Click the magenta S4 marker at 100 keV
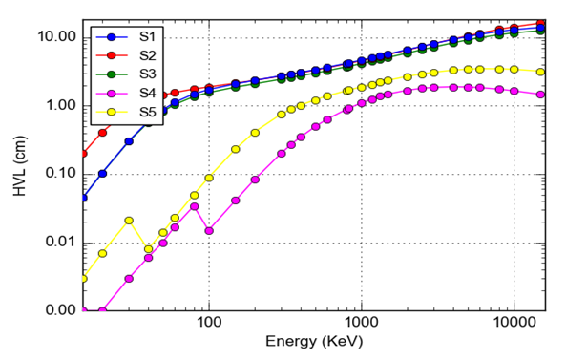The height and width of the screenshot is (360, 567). tap(209, 230)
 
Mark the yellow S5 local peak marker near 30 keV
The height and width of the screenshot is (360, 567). tap(129, 221)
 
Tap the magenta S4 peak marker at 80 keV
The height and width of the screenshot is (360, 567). tap(194, 206)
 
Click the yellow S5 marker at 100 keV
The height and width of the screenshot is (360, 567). tap(209, 178)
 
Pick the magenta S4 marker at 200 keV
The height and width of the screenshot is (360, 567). tap(255, 180)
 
